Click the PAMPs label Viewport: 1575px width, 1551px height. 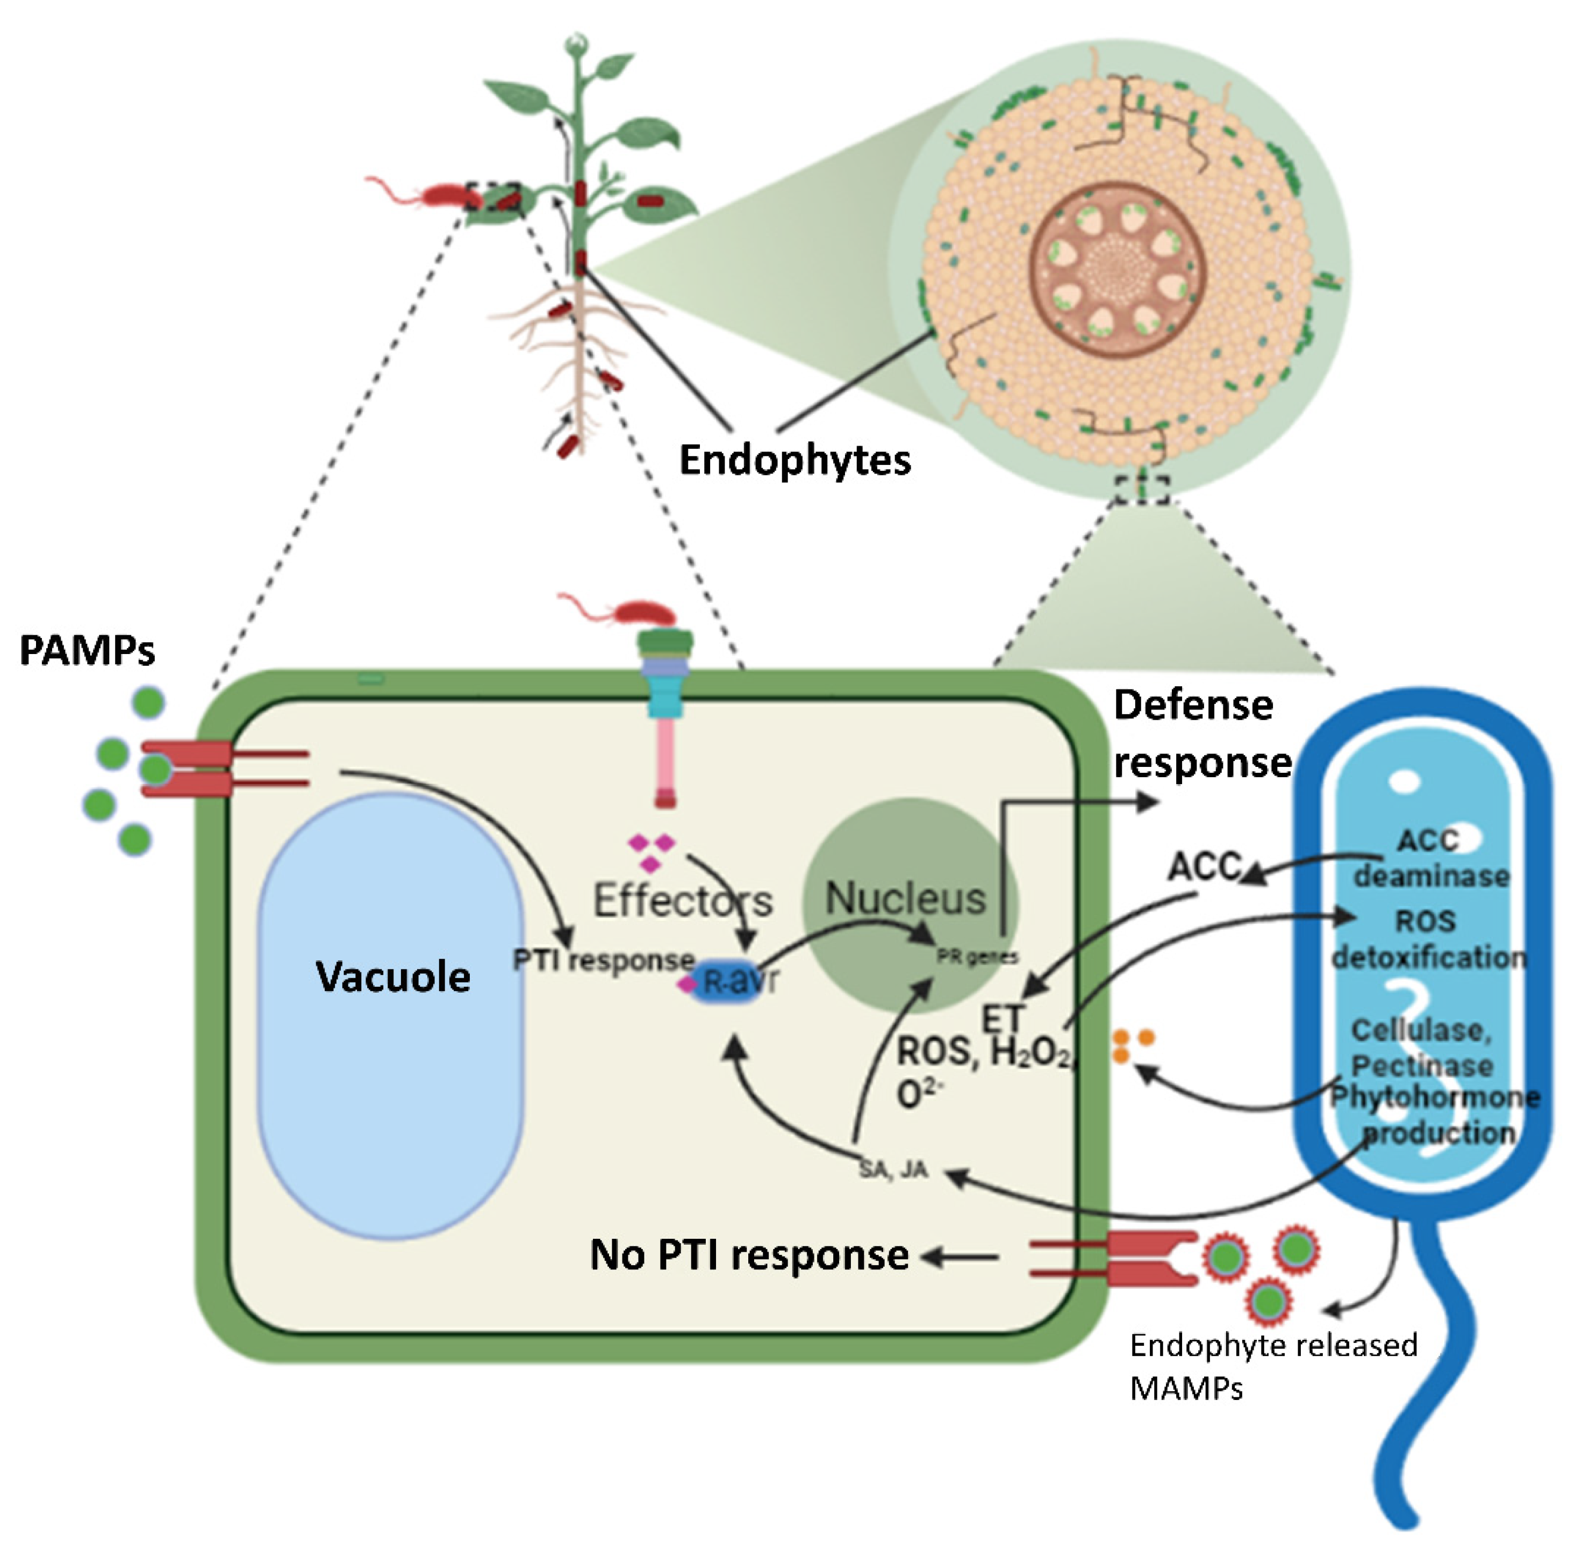click(x=87, y=650)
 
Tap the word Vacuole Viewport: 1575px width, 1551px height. click(x=393, y=976)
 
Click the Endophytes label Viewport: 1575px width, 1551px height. click(x=794, y=460)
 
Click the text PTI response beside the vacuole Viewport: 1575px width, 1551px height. click(x=603, y=960)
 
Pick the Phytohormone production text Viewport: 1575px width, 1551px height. click(x=1435, y=1115)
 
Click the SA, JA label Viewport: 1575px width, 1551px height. click(x=893, y=1170)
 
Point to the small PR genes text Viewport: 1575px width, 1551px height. click(x=977, y=957)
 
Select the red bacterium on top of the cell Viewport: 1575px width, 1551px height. click(x=643, y=612)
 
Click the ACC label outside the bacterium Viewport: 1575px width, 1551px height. click(x=1204, y=867)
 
